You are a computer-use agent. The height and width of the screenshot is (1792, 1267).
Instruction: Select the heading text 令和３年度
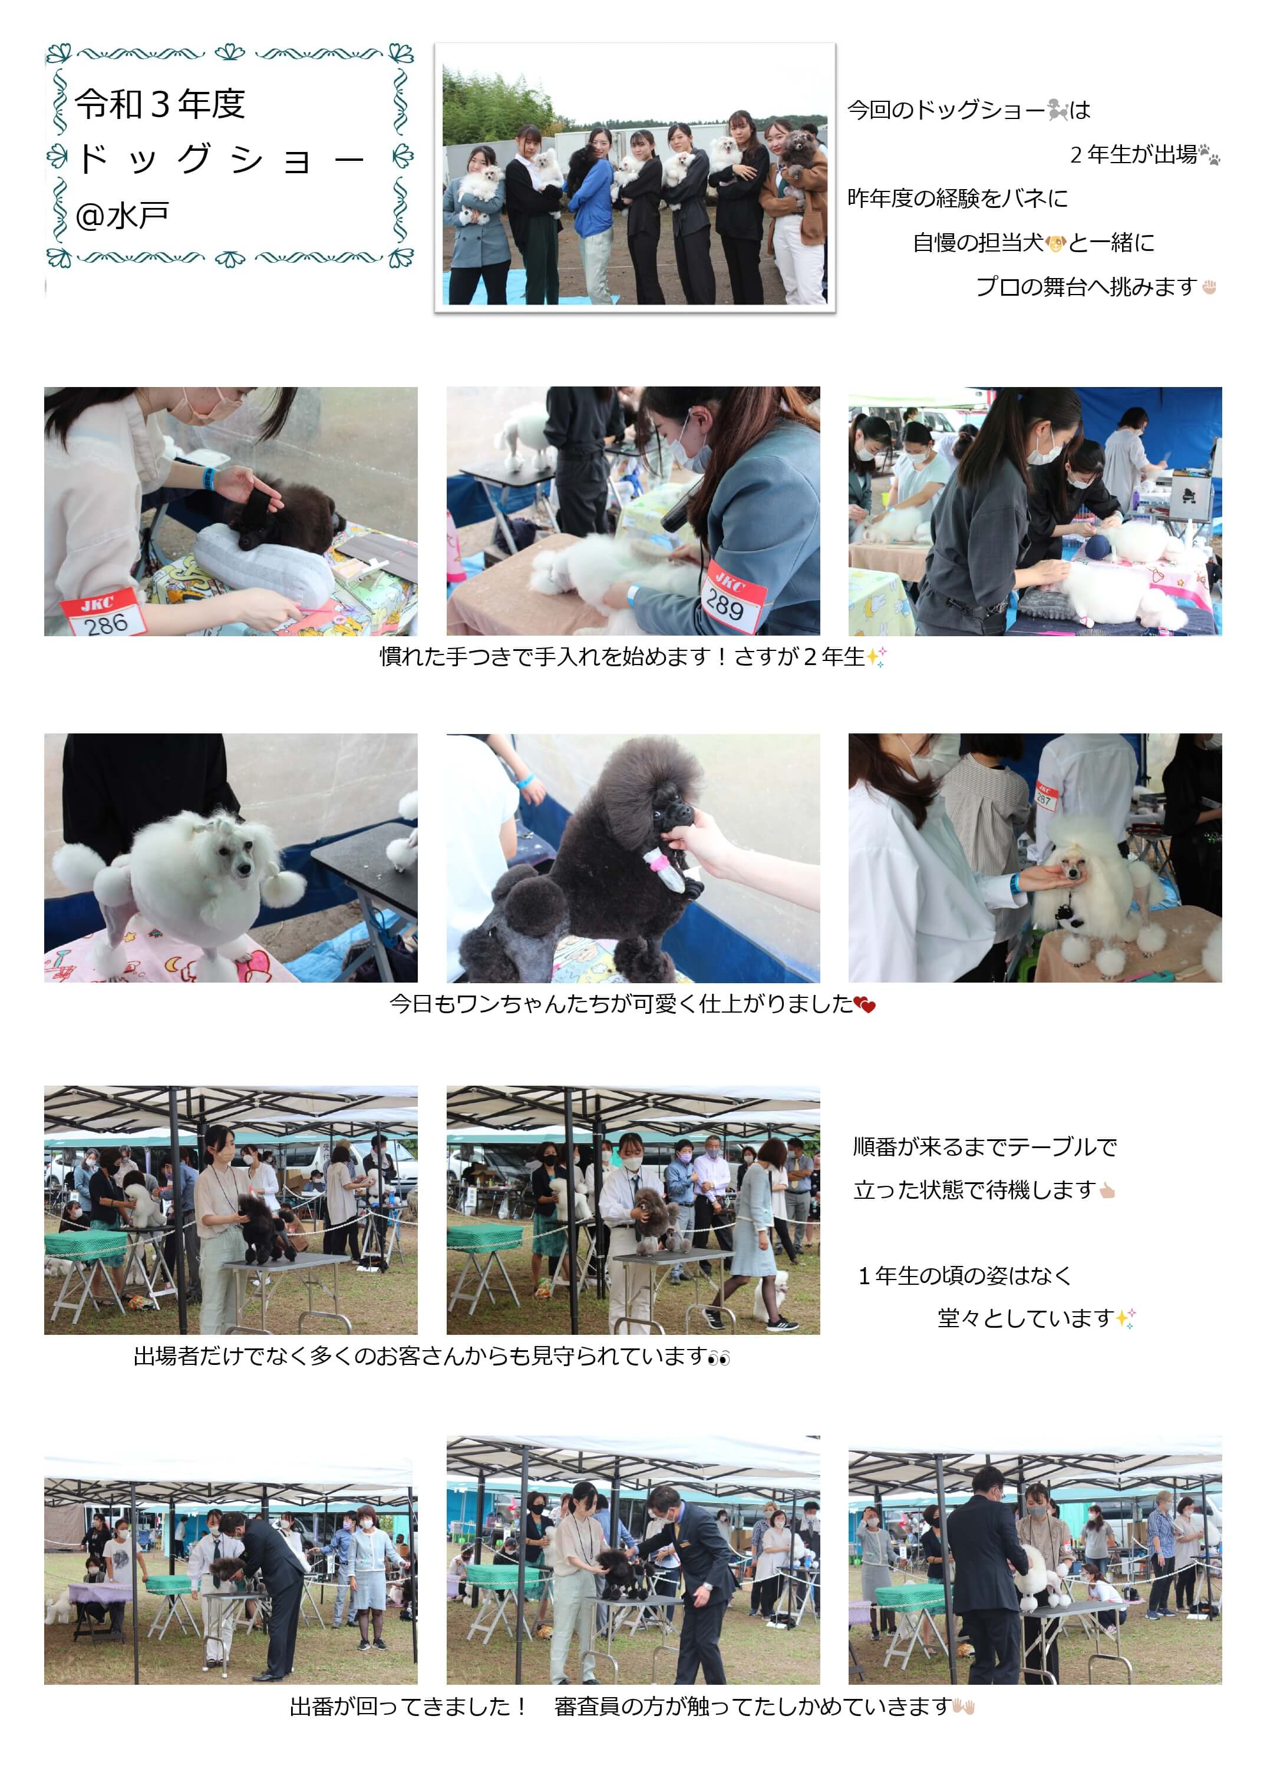pos(160,104)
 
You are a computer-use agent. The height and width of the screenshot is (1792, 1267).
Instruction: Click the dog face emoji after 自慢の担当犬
pos(1055,243)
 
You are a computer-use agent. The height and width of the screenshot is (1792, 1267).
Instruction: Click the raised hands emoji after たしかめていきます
pos(964,1707)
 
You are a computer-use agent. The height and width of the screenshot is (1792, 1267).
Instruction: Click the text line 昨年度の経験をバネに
pos(957,199)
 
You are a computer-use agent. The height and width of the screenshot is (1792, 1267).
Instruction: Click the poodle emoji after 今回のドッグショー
pos(1057,110)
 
